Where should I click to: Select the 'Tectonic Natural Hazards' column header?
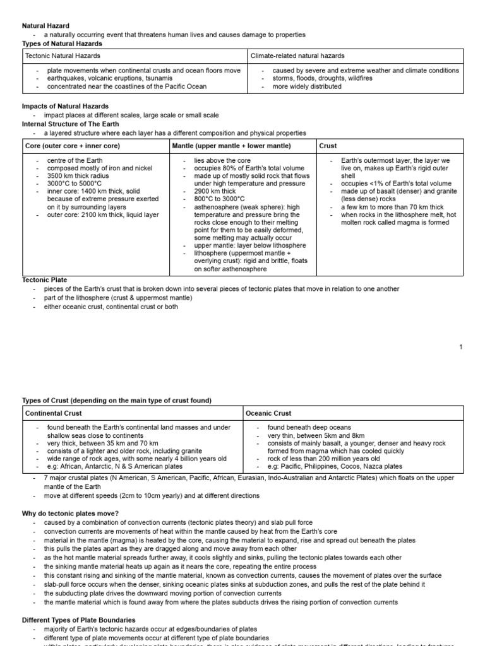pos(63,56)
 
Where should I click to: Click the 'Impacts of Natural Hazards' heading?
pos(65,106)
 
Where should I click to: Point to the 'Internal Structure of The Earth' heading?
pos(71,124)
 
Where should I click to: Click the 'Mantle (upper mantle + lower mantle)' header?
pos(232,146)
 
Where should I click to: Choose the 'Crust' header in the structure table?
pos(328,146)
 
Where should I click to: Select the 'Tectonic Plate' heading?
pos(45,279)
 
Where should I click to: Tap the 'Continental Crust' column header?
pos(54,413)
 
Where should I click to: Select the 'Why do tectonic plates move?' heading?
pos(71,514)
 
